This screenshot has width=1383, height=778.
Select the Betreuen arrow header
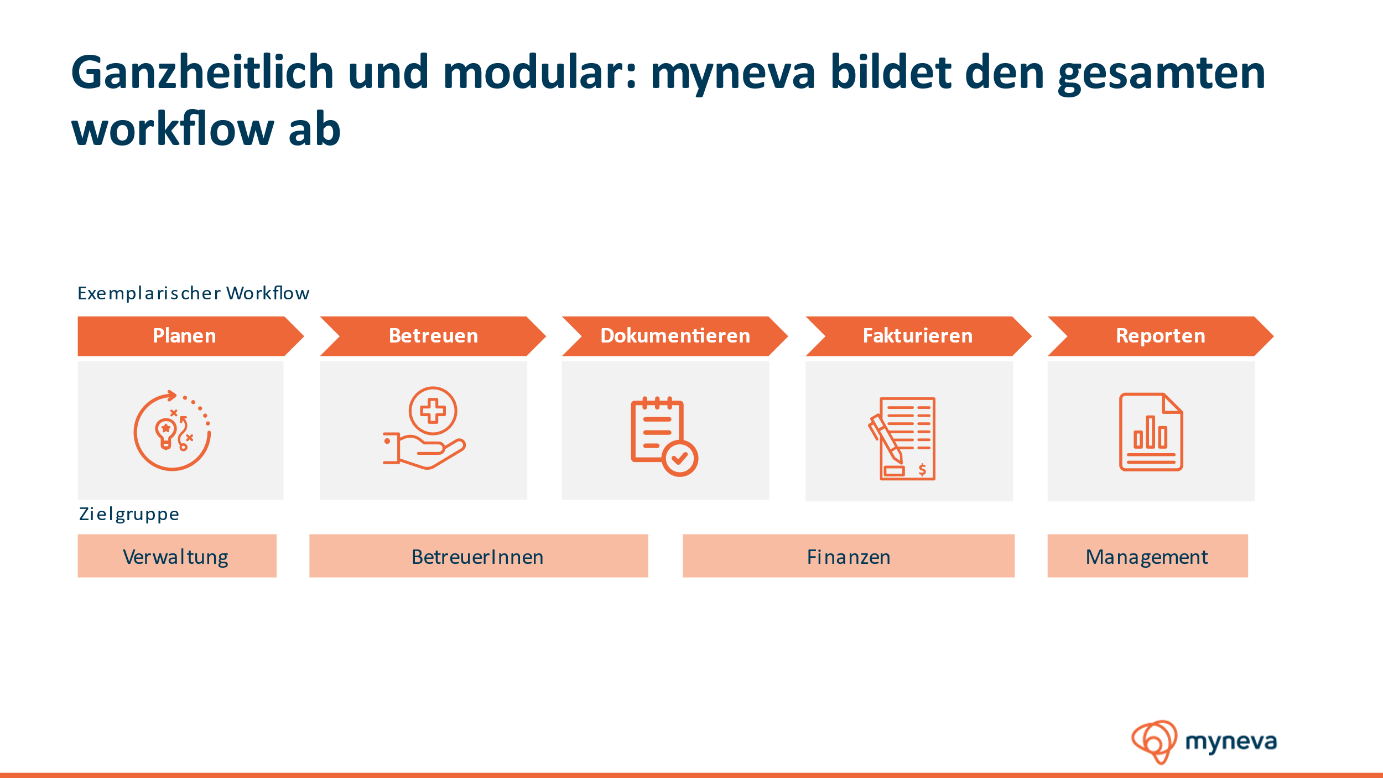point(433,336)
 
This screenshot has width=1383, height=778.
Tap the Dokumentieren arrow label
point(675,336)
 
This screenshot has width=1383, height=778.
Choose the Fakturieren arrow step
point(918,336)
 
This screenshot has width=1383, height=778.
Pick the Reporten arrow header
point(1161,336)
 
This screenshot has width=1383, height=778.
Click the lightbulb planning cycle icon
point(172,431)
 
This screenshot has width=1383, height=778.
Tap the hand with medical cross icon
point(424,428)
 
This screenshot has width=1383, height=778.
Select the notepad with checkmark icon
point(664,436)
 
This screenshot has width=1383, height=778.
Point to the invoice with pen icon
point(902,438)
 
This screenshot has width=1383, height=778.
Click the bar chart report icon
point(1151,432)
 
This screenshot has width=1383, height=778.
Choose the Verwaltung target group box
point(177,556)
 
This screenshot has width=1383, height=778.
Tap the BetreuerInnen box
point(479,556)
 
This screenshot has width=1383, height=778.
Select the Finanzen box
point(849,556)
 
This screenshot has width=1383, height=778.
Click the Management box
point(1147,556)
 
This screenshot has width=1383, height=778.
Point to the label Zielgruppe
point(129,514)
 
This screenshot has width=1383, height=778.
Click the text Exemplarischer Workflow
point(193,293)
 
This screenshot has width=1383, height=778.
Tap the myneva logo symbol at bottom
point(1154,741)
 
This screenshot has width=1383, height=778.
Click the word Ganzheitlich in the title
point(202,73)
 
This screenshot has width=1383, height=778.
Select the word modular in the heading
point(540,72)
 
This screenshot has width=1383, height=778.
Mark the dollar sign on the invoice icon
point(922,470)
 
